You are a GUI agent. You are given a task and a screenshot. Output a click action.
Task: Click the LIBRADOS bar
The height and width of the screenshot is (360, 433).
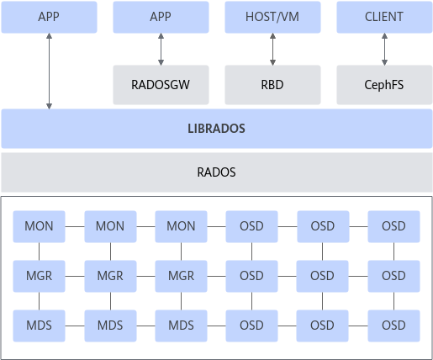pos(217,129)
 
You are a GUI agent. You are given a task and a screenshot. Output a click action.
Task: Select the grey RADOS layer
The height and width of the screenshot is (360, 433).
pos(217,172)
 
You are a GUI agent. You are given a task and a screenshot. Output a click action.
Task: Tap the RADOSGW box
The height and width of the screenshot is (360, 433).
pos(161,85)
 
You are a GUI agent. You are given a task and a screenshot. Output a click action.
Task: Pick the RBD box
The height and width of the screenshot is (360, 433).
pos(272,85)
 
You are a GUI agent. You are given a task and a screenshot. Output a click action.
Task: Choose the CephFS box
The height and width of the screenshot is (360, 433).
pos(384,85)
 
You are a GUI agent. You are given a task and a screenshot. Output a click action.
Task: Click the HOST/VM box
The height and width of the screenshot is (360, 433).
pos(272,17)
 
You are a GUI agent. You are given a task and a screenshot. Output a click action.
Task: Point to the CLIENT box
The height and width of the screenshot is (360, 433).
pos(384,17)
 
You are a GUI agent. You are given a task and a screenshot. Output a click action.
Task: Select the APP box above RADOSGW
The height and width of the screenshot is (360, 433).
pos(161,17)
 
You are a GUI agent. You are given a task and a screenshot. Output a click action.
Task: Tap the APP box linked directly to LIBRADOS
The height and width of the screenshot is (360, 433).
pos(49,17)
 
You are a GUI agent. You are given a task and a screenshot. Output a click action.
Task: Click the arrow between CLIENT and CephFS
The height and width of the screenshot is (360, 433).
pos(384,50)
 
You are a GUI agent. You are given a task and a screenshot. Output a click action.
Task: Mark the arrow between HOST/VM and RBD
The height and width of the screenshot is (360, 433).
pos(272,50)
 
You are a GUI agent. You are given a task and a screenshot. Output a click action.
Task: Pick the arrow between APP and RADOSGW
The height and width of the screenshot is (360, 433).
pos(161,50)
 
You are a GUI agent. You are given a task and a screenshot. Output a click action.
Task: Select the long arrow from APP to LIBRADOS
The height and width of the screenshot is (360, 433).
pos(49,71)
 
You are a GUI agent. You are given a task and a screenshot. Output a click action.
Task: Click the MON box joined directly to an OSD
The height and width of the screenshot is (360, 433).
pos(181,226)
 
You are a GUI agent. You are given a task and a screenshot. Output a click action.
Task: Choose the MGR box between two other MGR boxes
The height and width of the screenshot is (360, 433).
pos(110,276)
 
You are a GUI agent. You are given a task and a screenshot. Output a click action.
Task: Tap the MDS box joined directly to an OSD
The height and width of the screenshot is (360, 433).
pos(181,326)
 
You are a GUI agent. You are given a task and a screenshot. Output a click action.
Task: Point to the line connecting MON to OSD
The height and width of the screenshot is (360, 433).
pos(216,226)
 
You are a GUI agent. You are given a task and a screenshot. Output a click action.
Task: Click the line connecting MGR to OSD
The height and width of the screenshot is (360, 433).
pos(216,276)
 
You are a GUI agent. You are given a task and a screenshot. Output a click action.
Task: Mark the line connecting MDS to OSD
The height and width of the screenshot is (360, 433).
pos(216,326)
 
